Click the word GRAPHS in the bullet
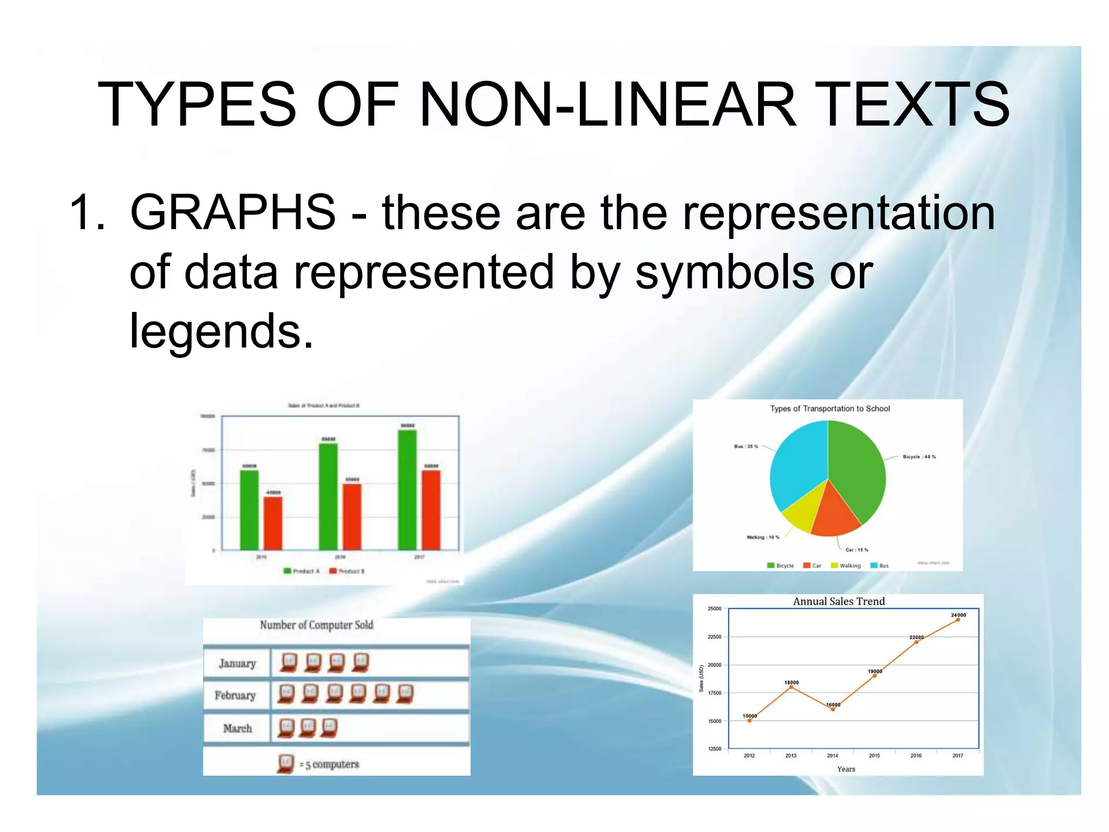tap(233, 212)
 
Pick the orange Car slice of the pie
tap(834, 515)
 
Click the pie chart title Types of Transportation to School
tap(830, 409)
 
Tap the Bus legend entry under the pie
tap(879, 565)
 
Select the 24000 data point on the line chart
tap(958, 620)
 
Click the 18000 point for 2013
tap(791, 687)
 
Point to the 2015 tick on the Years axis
tap(875, 755)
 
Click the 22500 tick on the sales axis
tap(715, 637)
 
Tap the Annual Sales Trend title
tap(839, 601)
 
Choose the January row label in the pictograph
tap(237, 664)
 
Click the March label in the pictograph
tap(237, 729)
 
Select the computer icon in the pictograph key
tap(285, 763)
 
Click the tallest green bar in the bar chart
tap(407, 490)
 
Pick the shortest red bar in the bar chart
tap(273, 523)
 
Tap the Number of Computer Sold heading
tap(316, 625)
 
